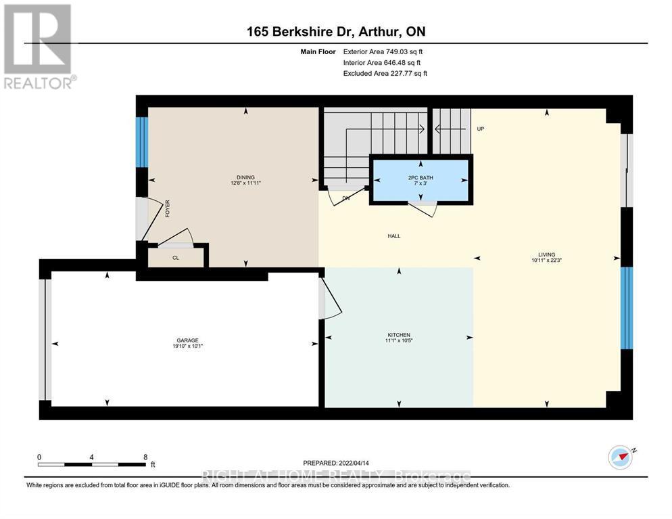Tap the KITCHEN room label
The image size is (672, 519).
[399, 335]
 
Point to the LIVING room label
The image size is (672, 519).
[547, 254]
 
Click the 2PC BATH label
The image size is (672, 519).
[421, 177]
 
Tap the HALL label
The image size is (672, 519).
[394, 236]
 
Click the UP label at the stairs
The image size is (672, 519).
[480, 129]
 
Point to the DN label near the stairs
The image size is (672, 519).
[345, 198]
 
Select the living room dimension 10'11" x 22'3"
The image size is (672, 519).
[547, 261]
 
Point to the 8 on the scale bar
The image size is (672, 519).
[145, 457]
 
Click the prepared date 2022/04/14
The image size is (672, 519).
[352, 463]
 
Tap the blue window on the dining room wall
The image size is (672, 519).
[142, 142]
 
